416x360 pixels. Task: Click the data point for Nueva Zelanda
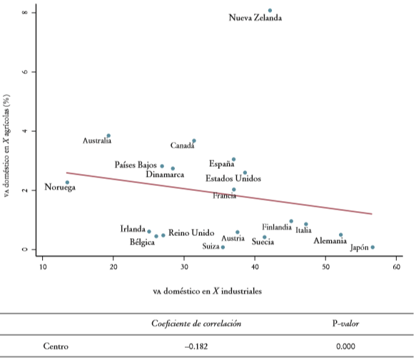point(270,11)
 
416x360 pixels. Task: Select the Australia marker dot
point(108,135)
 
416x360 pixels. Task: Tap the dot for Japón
point(372,247)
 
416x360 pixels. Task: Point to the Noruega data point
point(67,182)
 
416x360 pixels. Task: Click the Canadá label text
point(183,146)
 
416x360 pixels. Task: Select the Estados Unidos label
point(233,178)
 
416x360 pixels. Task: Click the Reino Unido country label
point(191,233)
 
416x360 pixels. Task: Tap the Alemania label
point(330,241)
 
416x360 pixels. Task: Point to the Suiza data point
point(223,247)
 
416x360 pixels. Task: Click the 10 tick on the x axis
point(42,267)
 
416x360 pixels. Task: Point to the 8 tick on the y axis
point(25,13)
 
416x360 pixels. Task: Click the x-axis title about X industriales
point(207,291)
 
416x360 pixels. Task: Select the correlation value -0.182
point(196,346)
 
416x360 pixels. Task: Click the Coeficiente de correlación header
point(196,324)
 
